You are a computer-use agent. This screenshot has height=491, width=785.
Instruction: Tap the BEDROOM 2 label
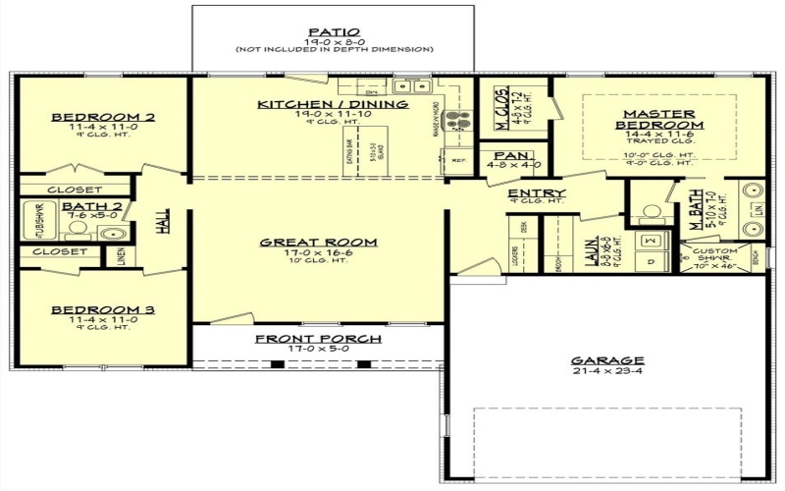pyautogui.click(x=103, y=117)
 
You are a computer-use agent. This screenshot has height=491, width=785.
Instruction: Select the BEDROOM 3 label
pyautogui.click(x=103, y=310)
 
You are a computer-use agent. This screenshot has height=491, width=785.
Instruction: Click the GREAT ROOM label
pyautogui.click(x=318, y=243)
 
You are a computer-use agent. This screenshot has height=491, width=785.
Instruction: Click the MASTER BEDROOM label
pyautogui.click(x=659, y=120)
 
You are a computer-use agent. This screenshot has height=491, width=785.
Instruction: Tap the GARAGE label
pyautogui.click(x=608, y=360)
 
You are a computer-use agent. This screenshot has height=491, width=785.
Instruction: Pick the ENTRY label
pyautogui.click(x=537, y=192)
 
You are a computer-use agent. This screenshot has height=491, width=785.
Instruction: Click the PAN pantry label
pyautogui.click(x=510, y=157)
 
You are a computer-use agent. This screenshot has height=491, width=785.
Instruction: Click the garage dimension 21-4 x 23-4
pyautogui.click(x=608, y=372)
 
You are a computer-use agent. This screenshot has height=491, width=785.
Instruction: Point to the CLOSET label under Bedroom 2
pyautogui.click(x=75, y=189)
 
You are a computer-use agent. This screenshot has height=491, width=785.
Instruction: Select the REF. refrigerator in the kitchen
pyautogui.click(x=456, y=160)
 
